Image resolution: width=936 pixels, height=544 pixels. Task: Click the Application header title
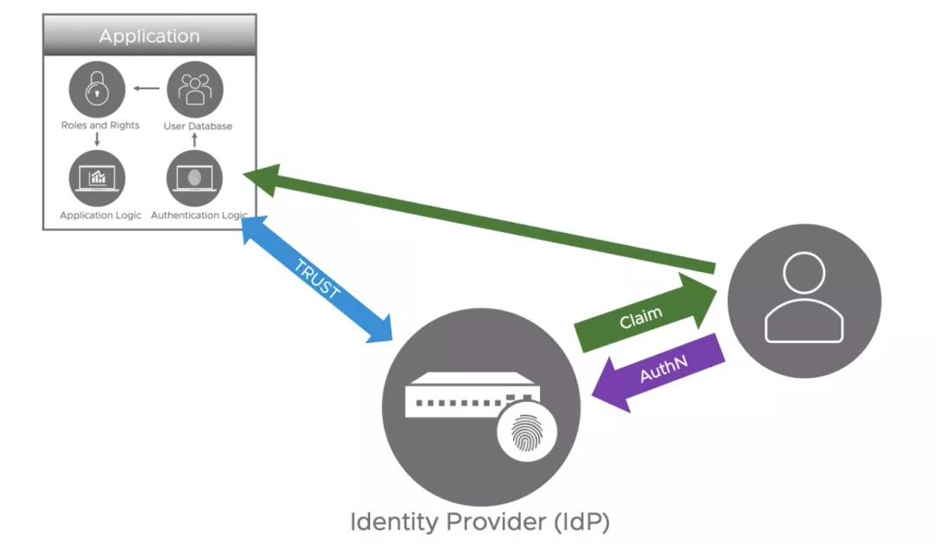tap(149, 36)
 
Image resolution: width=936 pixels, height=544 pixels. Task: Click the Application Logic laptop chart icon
tap(97, 178)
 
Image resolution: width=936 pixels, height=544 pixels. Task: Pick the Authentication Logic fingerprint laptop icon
tap(194, 178)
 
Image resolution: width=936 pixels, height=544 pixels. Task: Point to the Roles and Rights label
tap(100, 126)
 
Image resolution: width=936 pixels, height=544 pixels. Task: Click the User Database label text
tap(198, 126)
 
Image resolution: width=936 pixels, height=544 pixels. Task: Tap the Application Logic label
tap(101, 215)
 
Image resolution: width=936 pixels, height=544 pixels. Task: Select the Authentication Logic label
tap(198, 215)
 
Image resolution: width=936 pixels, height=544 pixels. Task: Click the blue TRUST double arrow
tap(316, 279)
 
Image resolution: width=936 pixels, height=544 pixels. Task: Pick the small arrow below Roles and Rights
tap(98, 139)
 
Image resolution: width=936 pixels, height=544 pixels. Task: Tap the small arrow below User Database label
tap(194, 139)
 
